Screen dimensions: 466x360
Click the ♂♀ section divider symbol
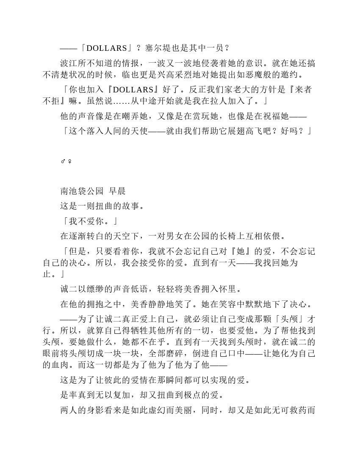(x=66, y=161)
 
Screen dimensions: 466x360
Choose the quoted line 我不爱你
(x=88, y=222)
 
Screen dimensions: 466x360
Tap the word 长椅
(x=236, y=236)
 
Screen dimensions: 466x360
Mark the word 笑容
(x=232, y=304)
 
